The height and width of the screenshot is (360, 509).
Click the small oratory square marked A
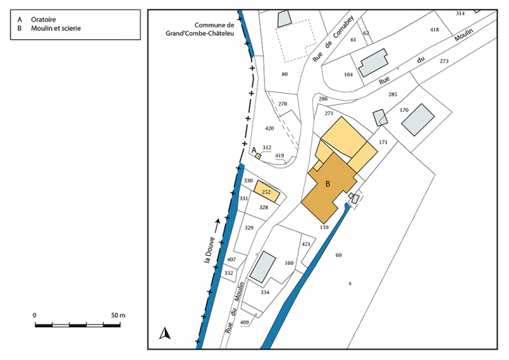(258, 157)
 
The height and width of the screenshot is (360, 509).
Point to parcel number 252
(266, 192)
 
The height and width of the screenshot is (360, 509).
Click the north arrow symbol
(166, 333)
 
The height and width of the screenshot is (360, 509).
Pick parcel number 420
(270, 129)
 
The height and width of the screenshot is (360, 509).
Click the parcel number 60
(338, 255)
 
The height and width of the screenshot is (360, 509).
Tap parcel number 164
(348, 75)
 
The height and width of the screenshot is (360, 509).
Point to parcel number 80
(285, 74)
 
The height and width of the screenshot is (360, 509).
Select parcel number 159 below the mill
(324, 227)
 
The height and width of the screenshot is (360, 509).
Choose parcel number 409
(244, 322)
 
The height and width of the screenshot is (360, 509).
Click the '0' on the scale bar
(34, 315)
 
